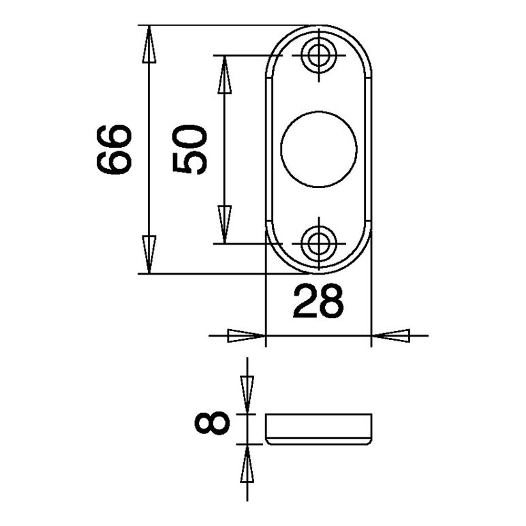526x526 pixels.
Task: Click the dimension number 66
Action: [114, 150]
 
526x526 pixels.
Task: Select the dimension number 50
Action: [189, 150]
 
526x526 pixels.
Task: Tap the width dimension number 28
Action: [318, 301]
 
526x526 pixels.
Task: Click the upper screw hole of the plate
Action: [319, 55]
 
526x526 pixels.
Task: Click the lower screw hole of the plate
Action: [319, 243]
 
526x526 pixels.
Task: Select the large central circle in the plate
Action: [319, 149]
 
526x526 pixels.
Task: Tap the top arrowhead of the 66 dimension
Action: [149, 44]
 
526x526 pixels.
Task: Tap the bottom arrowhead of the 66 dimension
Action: [149, 254]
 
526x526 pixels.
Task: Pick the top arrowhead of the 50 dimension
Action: [224, 74]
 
